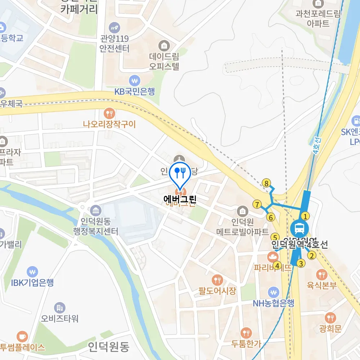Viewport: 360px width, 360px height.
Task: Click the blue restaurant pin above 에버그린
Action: click(180, 172)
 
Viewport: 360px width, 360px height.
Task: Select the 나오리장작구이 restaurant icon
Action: click(109, 113)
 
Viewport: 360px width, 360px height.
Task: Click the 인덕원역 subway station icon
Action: click(299, 228)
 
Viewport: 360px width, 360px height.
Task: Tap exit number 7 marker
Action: click(257, 204)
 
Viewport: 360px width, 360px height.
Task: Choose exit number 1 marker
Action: click(305, 216)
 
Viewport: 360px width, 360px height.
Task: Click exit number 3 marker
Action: click(301, 263)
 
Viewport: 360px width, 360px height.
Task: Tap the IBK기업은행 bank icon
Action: click(32, 271)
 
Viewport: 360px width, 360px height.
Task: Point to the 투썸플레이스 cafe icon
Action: click(22, 336)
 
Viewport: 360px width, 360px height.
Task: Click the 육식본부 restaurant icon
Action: click(321, 275)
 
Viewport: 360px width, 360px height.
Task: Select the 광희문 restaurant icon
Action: click(330, 318)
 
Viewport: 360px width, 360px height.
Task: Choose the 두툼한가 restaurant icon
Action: click(246, 333)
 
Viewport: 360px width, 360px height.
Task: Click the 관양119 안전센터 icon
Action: click(114, 27)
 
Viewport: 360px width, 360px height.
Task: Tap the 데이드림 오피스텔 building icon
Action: click(164, 46)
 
